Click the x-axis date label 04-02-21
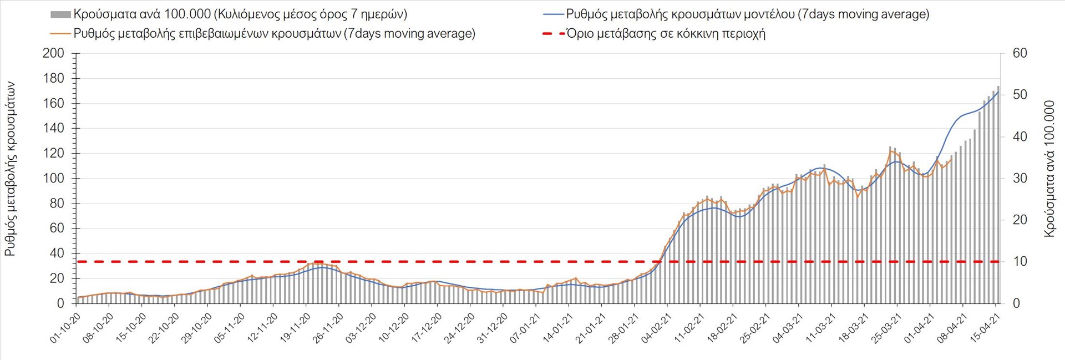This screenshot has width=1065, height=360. click(656, 328)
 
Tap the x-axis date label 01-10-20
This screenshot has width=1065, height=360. click(65, 328)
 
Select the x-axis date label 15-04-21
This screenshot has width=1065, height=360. click(985, 328)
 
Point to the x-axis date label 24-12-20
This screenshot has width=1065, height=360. click(459, 328)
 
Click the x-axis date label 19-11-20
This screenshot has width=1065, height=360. click(295, 328)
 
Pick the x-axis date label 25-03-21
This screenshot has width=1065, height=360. click(886, 328)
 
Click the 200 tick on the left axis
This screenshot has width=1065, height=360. click(53, 53)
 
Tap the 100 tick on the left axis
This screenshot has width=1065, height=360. click(53, 179)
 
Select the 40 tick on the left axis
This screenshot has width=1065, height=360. click(57, 253)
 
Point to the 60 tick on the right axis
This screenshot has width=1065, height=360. click(1020, 53)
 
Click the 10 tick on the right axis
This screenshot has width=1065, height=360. click(1020, 261)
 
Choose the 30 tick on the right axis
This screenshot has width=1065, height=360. click(1020, 179)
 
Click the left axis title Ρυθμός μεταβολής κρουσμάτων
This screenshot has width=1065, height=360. click(11, 169)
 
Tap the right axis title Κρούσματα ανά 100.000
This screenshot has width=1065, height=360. click(1049, 169)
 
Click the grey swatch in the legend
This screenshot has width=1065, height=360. click(60, 14)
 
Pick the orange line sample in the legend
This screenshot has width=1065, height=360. click(60, 34)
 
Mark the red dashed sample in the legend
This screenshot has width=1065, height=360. click(553, 34)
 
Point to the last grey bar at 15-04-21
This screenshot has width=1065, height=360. click(998, 194)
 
